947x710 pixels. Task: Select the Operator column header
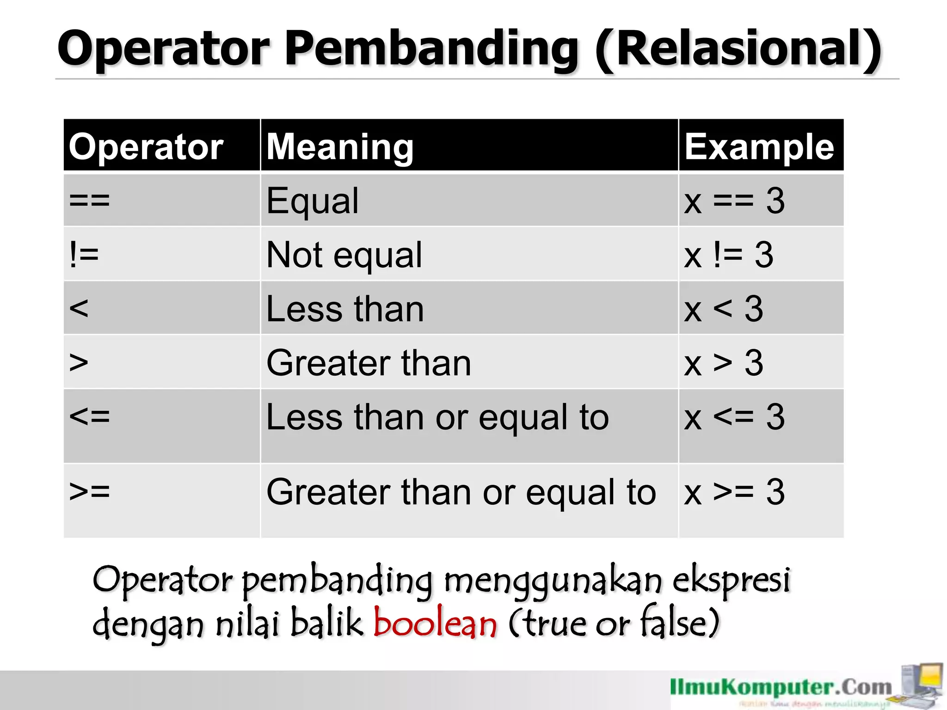pyautogui.click(x=146, y=147)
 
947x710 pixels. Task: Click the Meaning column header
pyautogui.click(x=340, y=147)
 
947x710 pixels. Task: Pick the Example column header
pyautogui.click(x=759, y=147)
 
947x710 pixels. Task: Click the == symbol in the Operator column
pyautogui.click(x=89, y=201)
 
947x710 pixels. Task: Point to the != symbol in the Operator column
pyautogui.click(x=84, y=255)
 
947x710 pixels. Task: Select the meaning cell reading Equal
pyautogui.click(x=313, y=201)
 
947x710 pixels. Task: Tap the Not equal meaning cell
pyautogui.click(x=344, y=255)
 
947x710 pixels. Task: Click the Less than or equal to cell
pyautogui.click(x=437, y=417)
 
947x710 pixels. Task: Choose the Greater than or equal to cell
pyautogui.click(x=461, y=492)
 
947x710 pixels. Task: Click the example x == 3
pyautogui.click(x=734, y=201)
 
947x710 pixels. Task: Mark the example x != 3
pyautogui.click(x=728, y=255)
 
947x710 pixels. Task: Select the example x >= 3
pyautogui.click(x=734, y=492)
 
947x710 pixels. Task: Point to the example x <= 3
pyautogui.click(x=734, y=417)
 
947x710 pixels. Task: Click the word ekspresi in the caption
pyautogui.click(x=731, y=580)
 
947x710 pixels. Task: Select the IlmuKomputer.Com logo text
pyautogui.click(x=781, y=687)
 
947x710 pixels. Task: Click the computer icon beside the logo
pyautogui.click(x=922, y=684)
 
